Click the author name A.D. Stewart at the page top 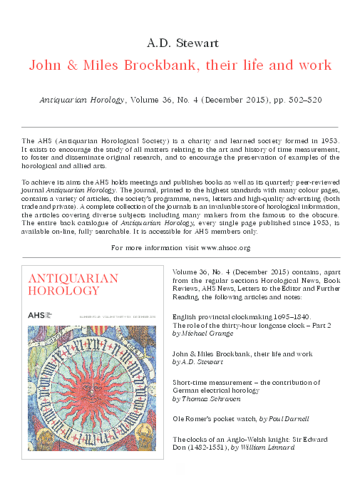(180, 38)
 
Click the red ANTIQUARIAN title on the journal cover (72, 278)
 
